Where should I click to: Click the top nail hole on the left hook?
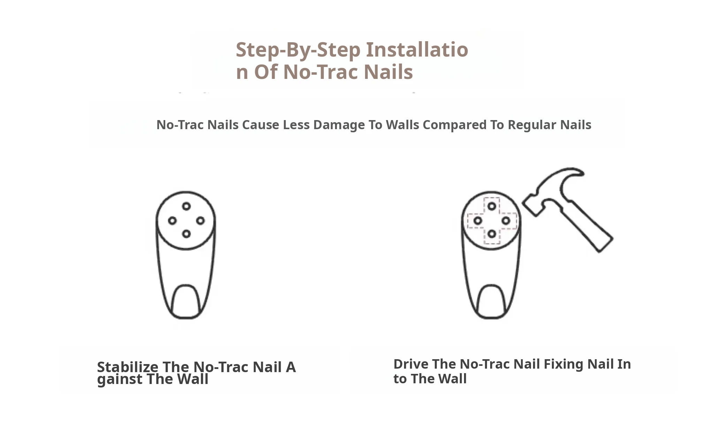click(187, 206)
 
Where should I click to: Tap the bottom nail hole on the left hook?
click(187, 234)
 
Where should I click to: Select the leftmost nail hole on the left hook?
click(172, 221)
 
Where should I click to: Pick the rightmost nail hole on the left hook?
click(200, 221)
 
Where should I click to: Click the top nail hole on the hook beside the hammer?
click(492, 206)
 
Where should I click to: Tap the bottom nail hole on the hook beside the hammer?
click(492, 234)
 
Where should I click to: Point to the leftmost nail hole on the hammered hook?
click(478, 221)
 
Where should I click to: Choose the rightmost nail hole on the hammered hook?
click(506, 221)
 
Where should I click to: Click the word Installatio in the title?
click(417, 49)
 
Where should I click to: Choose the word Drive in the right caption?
click(411, 364)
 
